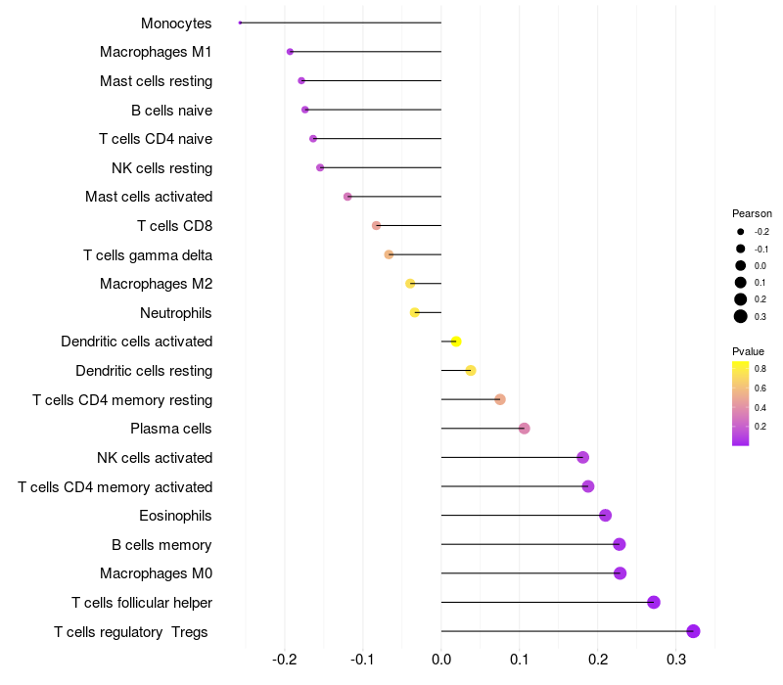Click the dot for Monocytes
point(240,23)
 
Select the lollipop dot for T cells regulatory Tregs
point(693,631)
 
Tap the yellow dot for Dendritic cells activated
point(456,342)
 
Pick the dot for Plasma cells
point(524,429)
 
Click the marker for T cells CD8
point(377,226)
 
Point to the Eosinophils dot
point(605,516)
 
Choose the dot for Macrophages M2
point(410,284)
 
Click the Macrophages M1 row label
point(156,52)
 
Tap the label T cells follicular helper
point(142,603)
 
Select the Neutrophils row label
point(176,313)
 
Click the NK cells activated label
point(155,458)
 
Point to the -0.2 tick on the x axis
point(285,660)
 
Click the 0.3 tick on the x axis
point(676,660)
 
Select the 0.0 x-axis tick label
point(441,660)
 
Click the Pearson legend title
point(752,213)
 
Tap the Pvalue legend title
point(748,351)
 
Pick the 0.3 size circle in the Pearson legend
point(741,316)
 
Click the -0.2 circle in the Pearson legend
point(741,232)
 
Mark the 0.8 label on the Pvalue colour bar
point(760,369)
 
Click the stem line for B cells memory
point(530,544)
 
